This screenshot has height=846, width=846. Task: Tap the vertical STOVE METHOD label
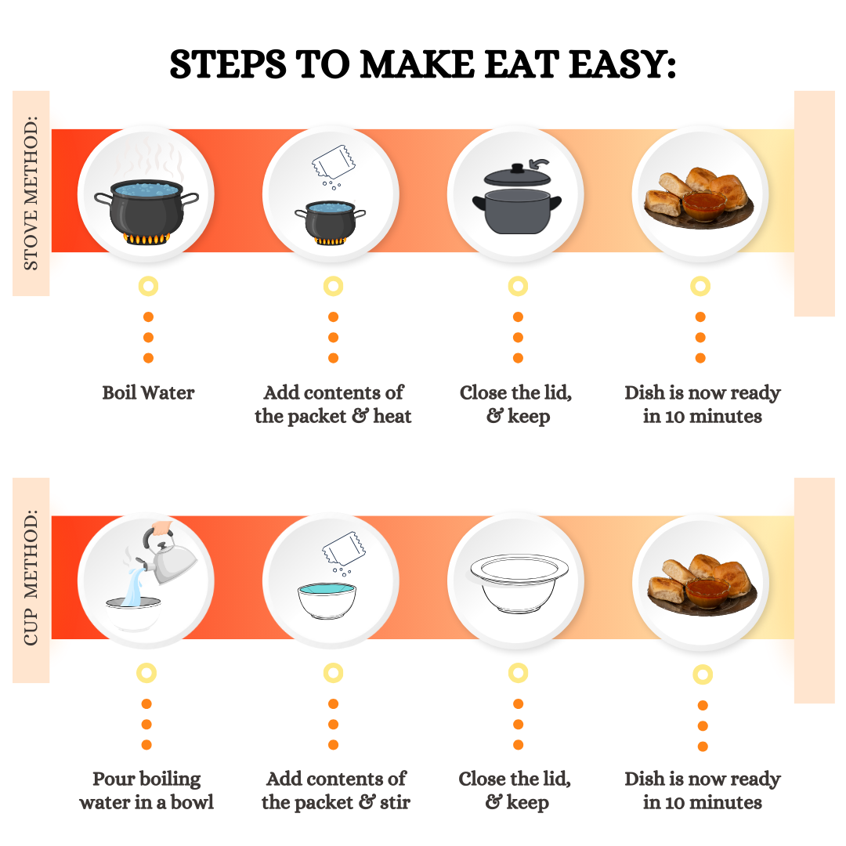pyautogui.click(x=31, y=193)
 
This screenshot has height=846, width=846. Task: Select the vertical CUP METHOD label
pyautogui.click(x=31, y=577)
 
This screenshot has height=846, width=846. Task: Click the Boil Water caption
pyautogui.click(x=148, y=392)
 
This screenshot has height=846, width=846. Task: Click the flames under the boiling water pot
pyautogui.click(x=146, y=239)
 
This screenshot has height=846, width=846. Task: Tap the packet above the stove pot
pyautogui.click(x=334, y=162)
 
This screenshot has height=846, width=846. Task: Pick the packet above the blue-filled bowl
pyautogui.click(x=343, y=548)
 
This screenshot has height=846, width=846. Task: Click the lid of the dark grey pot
pyautogui.click(x=517, y=175)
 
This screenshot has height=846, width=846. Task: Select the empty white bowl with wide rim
pyautogui.click(x=519, y=584)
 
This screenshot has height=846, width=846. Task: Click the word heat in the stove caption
pyautogui.click(x=392, y=417)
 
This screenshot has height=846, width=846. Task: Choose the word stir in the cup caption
pyautogui.click(x=394, y=803)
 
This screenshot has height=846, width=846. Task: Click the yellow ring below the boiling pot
pyautogui.click(x=148, y=286)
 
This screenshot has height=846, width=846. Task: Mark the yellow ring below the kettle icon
pyautogui.click(x=146, y=673)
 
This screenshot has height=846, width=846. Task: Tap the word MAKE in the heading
pyautogui.click(x=417, y=64)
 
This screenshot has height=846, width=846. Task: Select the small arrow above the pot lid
pyautogui.click(x=539, y=164)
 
